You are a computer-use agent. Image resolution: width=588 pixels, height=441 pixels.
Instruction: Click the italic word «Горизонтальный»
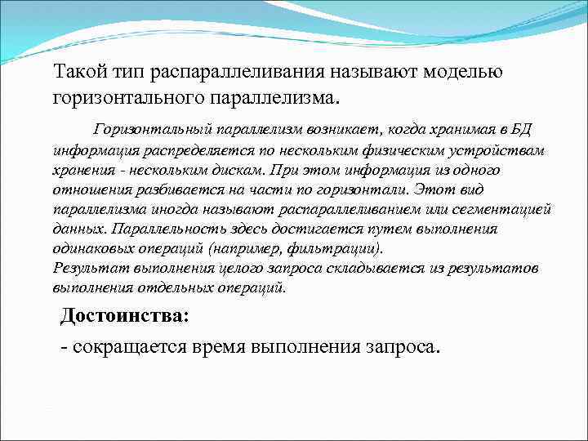tap(151, 130)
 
